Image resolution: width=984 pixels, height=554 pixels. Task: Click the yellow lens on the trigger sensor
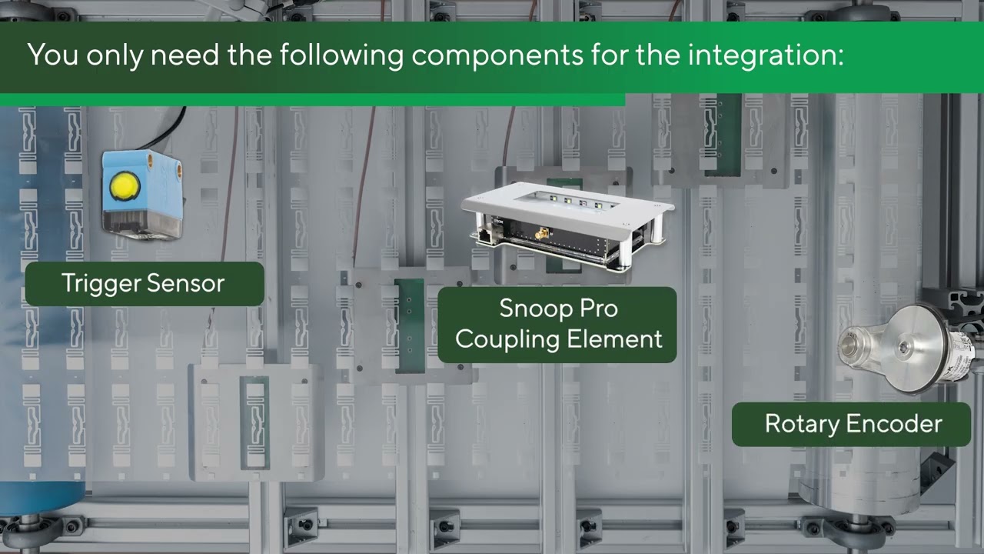(125, 187)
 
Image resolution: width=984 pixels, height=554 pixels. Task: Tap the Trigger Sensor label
(145, 284)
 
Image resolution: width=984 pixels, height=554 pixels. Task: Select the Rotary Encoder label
(851, 424)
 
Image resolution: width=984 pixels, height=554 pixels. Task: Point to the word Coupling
(507, 339)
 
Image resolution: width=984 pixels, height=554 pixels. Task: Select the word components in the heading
(497, 56)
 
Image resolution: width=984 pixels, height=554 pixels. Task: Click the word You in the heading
(53, 55)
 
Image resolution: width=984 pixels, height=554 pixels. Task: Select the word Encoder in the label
(894, 424)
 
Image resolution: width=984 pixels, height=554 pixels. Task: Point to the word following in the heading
(341, 56)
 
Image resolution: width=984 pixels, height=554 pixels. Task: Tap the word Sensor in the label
(186, 283)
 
